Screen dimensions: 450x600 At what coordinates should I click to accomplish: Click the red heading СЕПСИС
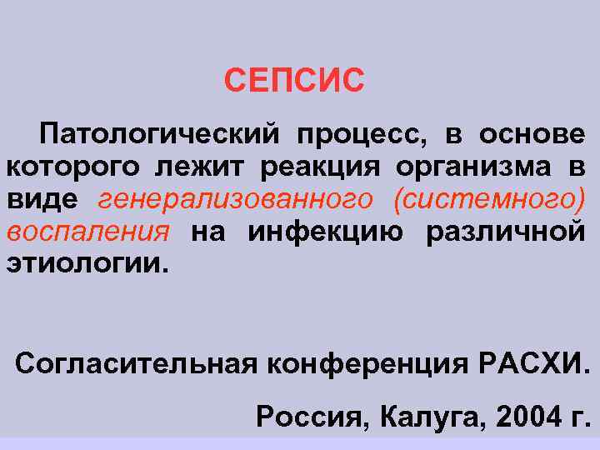click(294, 82)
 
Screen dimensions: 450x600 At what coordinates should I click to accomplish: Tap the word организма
click(472, 167)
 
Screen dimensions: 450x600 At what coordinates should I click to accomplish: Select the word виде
click(42, 199)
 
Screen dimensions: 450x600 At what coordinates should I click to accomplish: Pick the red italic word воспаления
click(88, 232)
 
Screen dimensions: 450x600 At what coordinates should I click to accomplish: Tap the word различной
click(505, 232)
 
